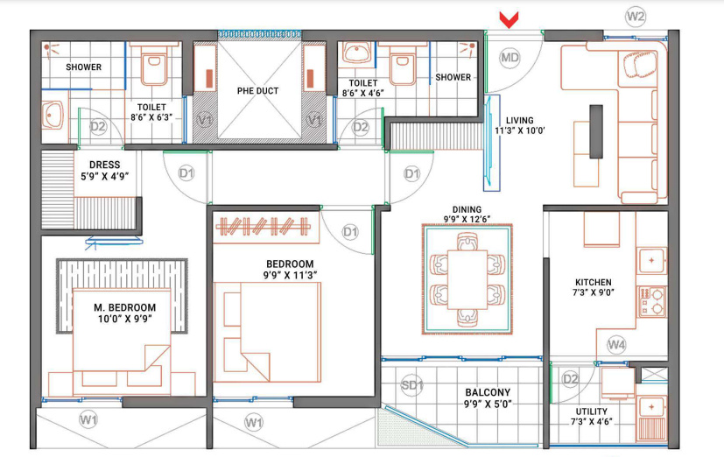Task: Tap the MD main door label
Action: pyautogui.click(x=510, y=58)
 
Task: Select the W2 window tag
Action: pyautogui.click(x=636, y=17)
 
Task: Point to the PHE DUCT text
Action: pyautogui.click(x=258, y=91)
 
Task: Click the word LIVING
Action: pyautogui.click(x=519, y=120)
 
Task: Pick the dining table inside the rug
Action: pyautogui.click(x=467, y=279)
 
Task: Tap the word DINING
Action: pyautogui.click(x=467, y=209)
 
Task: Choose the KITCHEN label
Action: pyautogui.click(x=594, y=282)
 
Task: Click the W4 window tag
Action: pyautogui.click(x=616, y=344)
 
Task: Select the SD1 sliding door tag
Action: pyautogui.click(x=411, y=384)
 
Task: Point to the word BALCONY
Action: pyautogui.click(x=488, y=392)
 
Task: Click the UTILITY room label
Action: pyautogui.click(x=592, y=411)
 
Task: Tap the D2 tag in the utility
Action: pyautogui.click(x=571, y=379)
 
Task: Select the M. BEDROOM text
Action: pyautogui.click(x=124, y=307)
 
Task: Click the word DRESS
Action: pyautogui.click(x=105, y=165)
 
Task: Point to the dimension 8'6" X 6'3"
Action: pyautogui.click(x=151, y=117)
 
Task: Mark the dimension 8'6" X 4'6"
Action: pyautogui.click(x=363, y=93)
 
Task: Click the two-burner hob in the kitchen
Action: pyautogui.click(x=652, y=301)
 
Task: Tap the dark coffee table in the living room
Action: pyautogui.click(x=596, y=131)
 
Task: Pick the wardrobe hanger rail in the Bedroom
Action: pyautogui.click(x=264, y=226)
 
